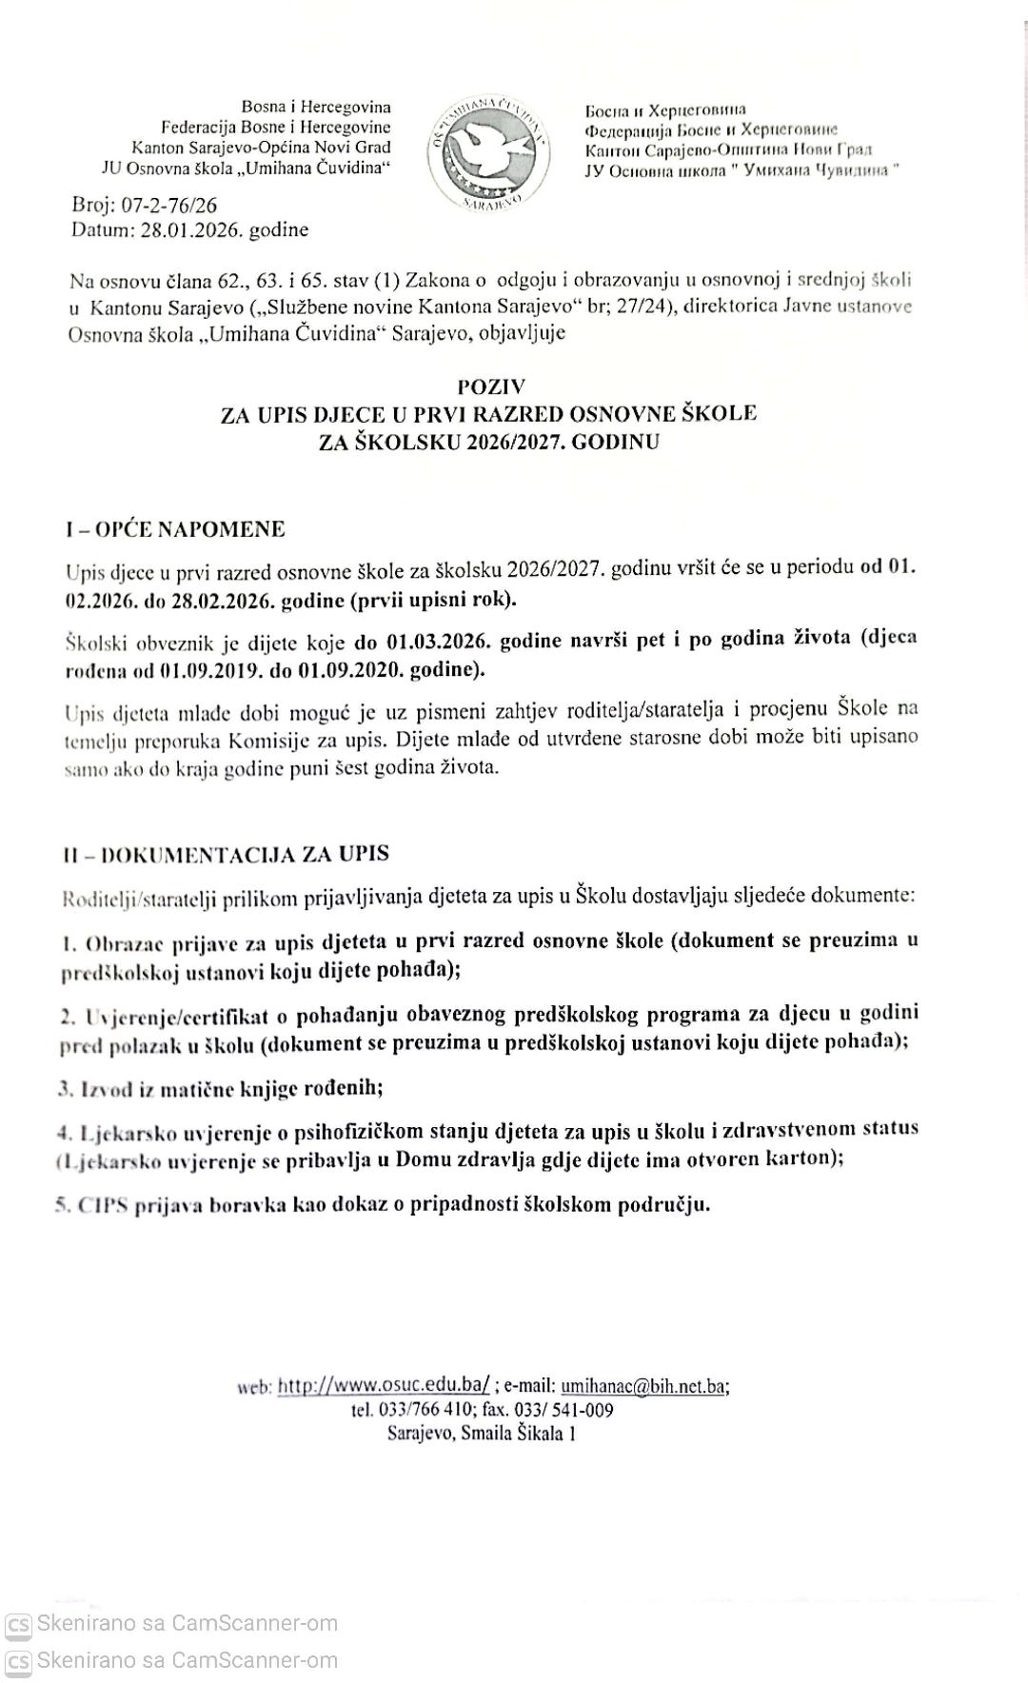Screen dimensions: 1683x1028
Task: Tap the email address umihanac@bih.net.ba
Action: (x=643, y=1386)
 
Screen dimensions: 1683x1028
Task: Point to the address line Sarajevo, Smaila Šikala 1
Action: (x=481, y=1433)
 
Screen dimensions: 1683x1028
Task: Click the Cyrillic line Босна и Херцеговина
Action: (x=666, y=110)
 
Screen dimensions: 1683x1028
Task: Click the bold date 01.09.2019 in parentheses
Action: (x=201, y=669)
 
